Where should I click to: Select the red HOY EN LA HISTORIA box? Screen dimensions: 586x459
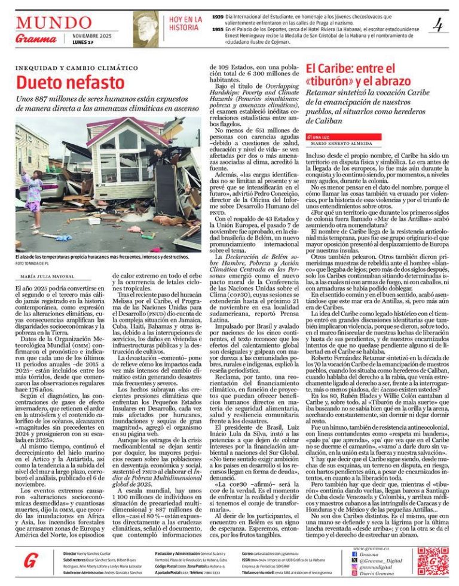coord(185,23)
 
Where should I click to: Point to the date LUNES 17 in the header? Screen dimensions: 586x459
coord(75,42)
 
